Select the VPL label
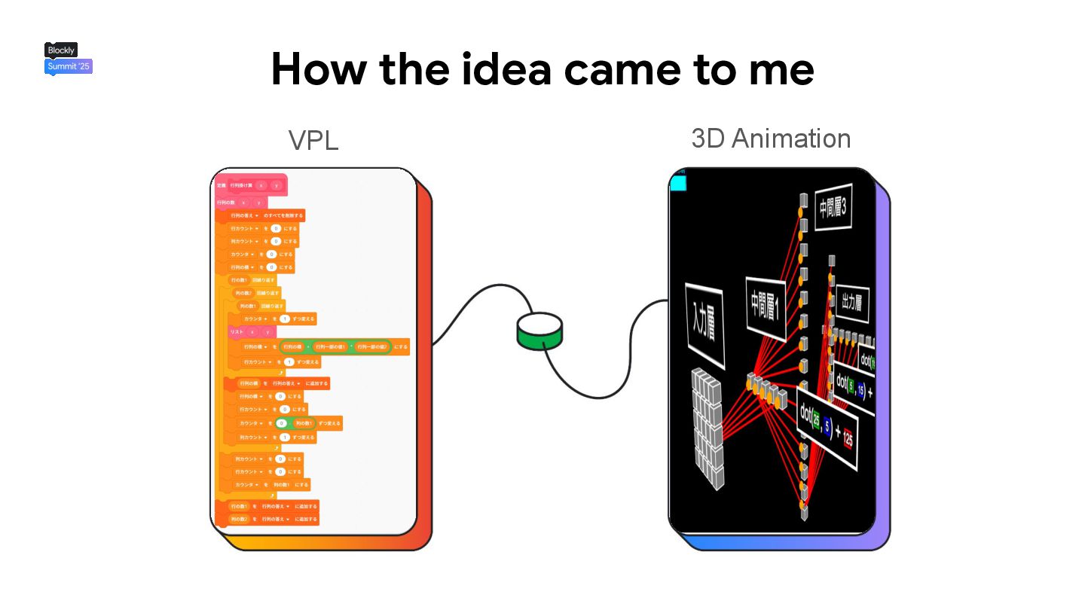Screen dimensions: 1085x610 313,141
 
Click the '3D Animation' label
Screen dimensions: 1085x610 771,139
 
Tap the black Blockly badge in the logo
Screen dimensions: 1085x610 61,50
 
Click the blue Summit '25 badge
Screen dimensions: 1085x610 69,66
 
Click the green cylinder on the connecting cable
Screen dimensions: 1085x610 539,331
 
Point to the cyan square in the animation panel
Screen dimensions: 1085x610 678,183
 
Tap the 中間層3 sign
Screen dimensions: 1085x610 833,207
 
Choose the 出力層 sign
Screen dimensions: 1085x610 851,303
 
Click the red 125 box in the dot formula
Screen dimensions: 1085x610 848,441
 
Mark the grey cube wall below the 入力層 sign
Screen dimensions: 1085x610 708,425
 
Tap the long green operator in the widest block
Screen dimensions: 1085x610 335,347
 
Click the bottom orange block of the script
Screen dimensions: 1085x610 273,520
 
